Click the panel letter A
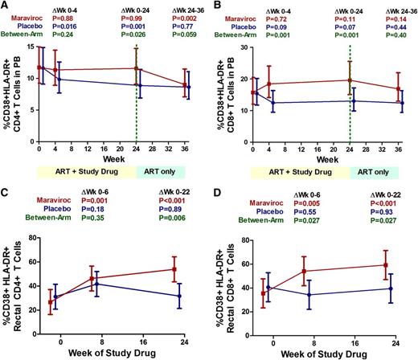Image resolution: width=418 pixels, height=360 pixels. coord(6,6)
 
